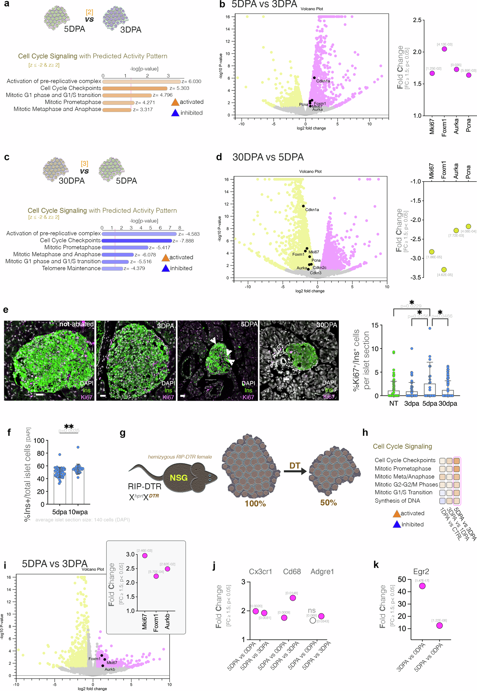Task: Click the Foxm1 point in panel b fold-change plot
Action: pos(444,49)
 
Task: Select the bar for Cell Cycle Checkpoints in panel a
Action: pos(134,88)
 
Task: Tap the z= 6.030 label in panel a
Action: pos(191,81)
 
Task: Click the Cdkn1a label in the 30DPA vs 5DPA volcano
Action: pos(312,210)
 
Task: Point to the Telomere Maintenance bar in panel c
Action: pos(112,269)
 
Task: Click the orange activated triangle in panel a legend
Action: pos(175,103)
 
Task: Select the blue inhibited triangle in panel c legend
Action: pos(166,268)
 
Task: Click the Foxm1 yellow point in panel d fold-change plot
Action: pos(444,270)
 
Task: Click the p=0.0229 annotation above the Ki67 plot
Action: pos(411,306)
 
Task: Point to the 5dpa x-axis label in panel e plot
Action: pos(429,403)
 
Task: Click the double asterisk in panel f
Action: pos(69,426)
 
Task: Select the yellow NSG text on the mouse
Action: pos(178,478)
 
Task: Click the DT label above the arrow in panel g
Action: pos(294,465)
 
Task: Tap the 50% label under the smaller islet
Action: pos(329,502)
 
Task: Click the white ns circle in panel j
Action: pos(313,621)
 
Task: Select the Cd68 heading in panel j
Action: pos(292,572)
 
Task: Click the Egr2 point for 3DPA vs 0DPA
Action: pos(422,586)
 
